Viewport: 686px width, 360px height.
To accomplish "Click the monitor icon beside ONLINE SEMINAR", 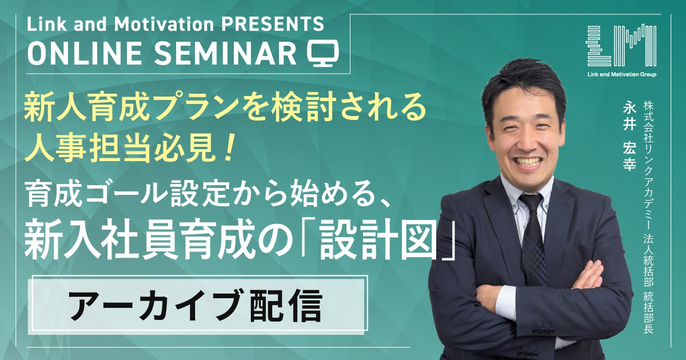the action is point(323,53).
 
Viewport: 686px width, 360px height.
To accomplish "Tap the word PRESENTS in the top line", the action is point(273,24).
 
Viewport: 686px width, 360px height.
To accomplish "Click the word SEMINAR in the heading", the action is point(225,53).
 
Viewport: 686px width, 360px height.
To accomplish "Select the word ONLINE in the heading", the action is point(85,53).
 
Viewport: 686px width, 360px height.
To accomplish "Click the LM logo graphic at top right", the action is point(621,45).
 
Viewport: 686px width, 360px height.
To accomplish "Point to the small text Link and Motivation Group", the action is point(622,74).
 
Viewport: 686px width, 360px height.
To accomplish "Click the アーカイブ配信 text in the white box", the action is point(196,305).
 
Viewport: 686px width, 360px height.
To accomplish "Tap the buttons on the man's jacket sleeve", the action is point(540,331).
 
